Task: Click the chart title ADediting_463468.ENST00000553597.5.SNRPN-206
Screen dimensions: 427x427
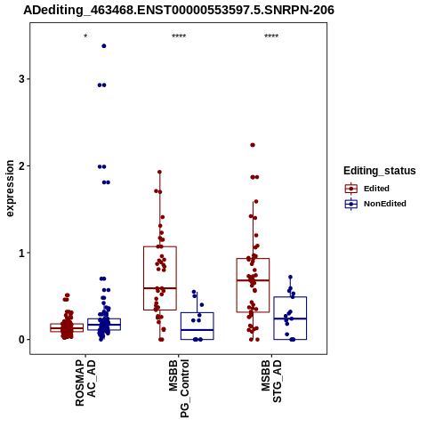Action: (179, 11)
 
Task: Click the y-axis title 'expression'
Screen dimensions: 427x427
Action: (10, 189)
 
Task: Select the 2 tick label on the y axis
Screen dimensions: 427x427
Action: (21, 166)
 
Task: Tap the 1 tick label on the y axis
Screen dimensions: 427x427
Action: (21, 253)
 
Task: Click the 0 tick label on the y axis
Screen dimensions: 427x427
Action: (21, 340)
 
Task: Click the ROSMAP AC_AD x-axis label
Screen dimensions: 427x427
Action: (85, 383)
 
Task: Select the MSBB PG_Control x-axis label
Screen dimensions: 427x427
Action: (179, 389)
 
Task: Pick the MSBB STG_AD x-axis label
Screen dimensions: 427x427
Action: (271, 382)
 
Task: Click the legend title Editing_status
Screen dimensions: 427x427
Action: (380, 171)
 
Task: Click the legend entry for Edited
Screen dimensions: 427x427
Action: (367, 189)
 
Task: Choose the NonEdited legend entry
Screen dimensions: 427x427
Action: (375, 204)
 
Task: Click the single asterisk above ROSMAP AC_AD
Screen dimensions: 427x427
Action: (85, 36)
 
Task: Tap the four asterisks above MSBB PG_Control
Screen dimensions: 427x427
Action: (179, 36)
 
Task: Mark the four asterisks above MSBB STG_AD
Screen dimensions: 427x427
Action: (271, 36)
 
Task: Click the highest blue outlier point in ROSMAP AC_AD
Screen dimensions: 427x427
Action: (104, 46)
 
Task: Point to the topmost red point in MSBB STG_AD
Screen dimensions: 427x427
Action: (253, 145)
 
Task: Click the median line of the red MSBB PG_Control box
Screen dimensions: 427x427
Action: (160, 288)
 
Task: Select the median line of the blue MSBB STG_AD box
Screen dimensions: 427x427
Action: (290, 318)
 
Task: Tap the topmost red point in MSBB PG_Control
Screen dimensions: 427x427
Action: (159, 172)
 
